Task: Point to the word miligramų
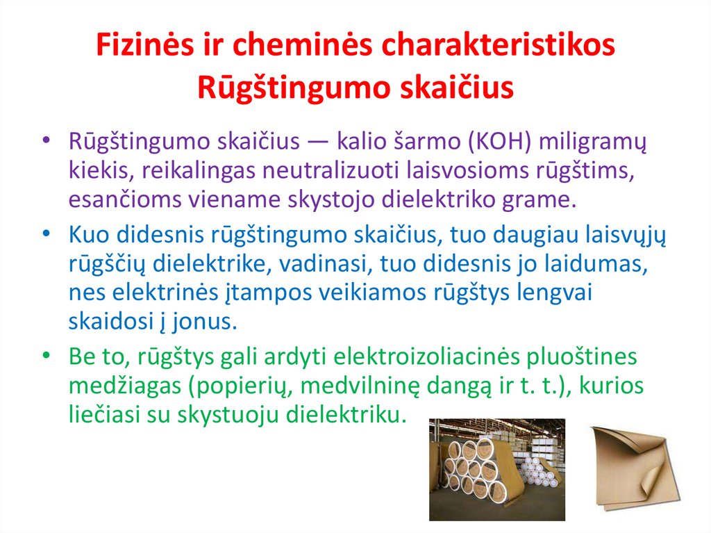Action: pyautogui.click(x=592, y=142)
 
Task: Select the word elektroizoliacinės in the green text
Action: pyautogui.click(x=448, y=357)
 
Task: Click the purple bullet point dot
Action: pyautogui.click(x=46, y=141)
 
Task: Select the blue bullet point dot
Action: pyautogui.click(x=46, y=236)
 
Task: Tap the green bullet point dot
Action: pyautogui.click(x=46, y=357)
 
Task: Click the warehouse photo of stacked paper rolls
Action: pyautogui.click(x=496, y=469)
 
